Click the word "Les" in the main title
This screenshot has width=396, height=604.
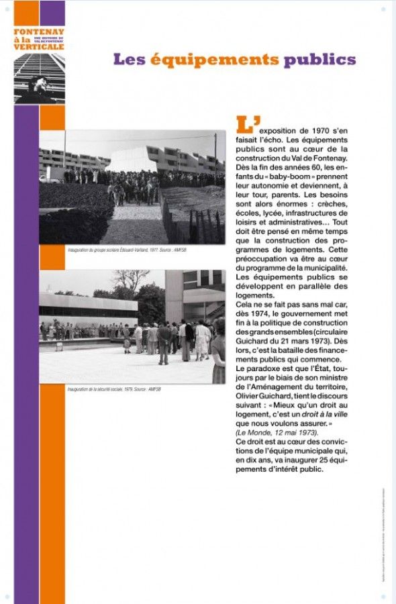[130, 59]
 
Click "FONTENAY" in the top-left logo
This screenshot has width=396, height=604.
[39, 32]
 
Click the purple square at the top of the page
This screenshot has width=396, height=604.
[52, 13]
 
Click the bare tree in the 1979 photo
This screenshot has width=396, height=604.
[130, 280]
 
